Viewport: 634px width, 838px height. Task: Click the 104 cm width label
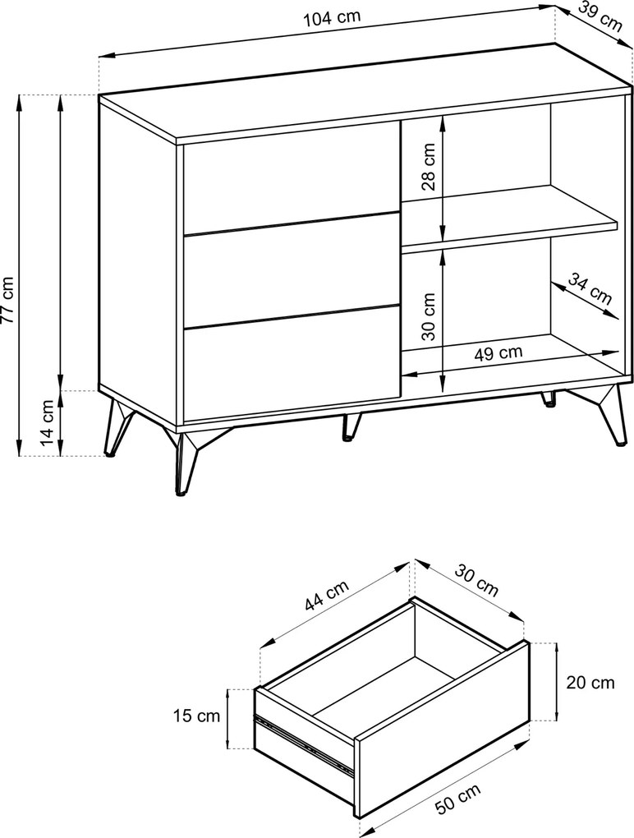332,17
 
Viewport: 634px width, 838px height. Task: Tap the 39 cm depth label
600,18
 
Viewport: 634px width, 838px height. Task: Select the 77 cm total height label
7,300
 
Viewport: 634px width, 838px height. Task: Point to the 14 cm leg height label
48,423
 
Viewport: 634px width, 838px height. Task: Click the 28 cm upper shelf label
429,167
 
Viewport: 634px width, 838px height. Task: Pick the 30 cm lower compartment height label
429,316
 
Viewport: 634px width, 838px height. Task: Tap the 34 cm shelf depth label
590,288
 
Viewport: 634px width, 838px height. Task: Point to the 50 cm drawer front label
457,799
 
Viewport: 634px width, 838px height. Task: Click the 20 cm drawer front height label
590,683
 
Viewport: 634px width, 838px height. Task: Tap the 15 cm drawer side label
196,716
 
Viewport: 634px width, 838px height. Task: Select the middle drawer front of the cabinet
292,270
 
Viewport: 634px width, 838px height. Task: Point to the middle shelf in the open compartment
509,219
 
